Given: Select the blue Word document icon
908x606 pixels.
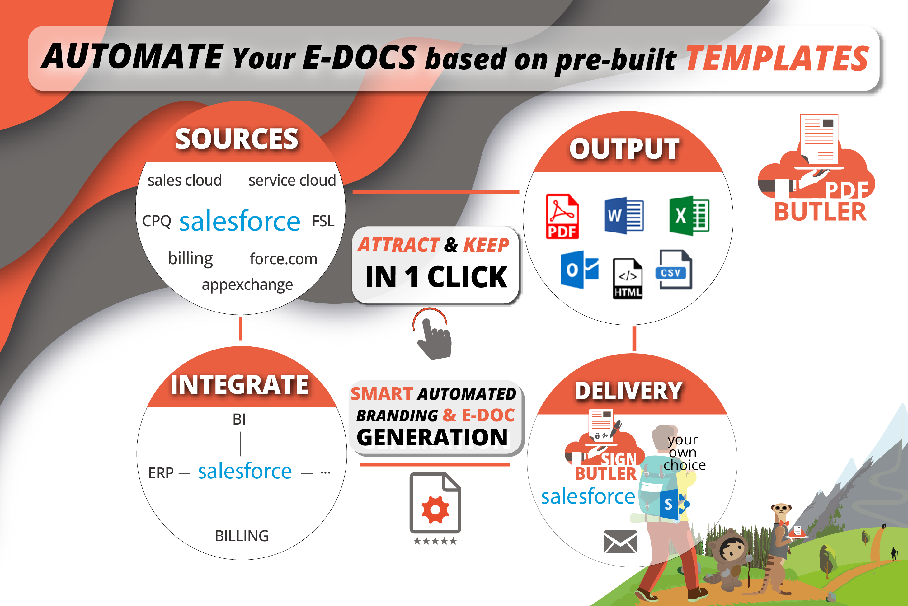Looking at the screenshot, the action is click(x=623, y=216).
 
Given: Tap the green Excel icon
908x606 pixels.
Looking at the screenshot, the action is click(x=689, y=216).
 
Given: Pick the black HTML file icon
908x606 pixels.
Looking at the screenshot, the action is click(x=627, y=279).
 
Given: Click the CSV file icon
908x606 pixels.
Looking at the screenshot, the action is click(x=674, y=269).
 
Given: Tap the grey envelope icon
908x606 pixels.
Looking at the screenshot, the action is click(x=620, y=542).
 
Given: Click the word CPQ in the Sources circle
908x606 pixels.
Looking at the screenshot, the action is click(x=157, y=221).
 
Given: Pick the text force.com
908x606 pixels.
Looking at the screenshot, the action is click(x=283, y=259).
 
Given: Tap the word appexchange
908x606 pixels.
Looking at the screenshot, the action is click(x=247, y=285).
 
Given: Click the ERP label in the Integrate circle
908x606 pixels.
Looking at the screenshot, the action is click(x=161, y=473).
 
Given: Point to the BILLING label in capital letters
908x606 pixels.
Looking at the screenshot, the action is click(x=242, y=536).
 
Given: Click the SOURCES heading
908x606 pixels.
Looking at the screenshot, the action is click(x=237, y=139).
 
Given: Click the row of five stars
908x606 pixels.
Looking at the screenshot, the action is click(x=435, y=541).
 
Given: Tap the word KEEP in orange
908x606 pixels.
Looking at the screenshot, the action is click(x=486, y=245).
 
